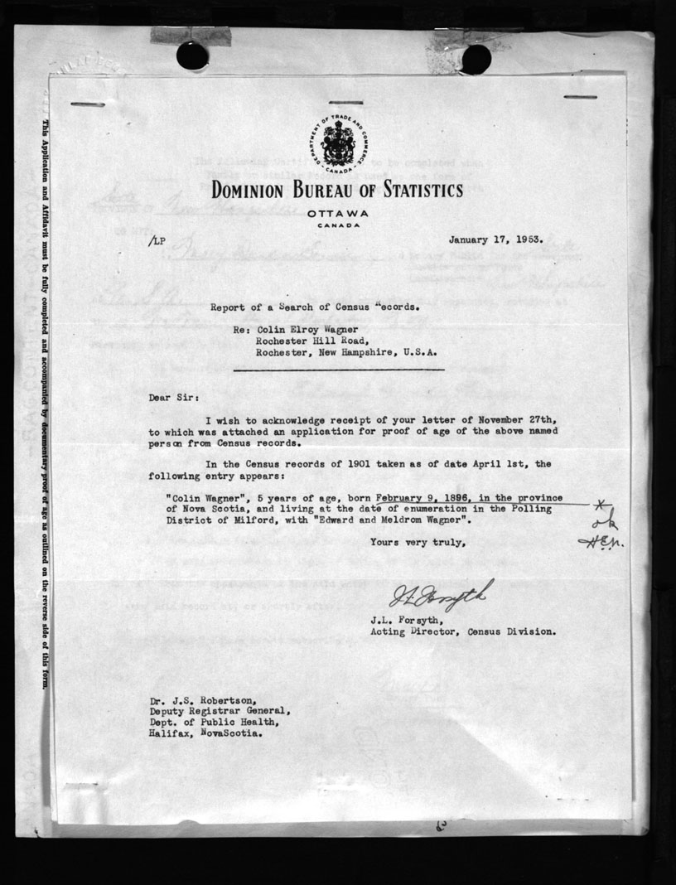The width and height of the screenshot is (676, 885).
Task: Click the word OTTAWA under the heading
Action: tap(337, 214)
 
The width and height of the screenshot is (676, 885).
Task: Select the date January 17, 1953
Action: tap(495, 240)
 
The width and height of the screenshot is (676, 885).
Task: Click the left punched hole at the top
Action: tap(192, 56)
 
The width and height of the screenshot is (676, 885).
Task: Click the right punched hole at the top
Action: tap(476, 58)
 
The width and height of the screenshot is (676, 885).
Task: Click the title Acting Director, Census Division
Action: tap(462, 631)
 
